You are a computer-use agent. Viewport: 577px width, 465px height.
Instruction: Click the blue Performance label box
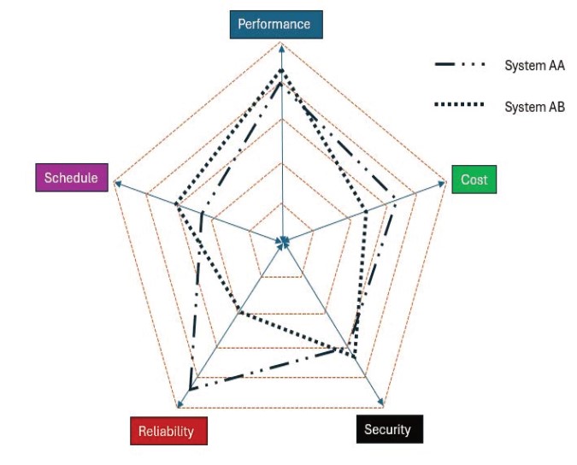click(274, 24)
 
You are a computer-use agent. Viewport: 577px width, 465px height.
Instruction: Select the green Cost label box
click(474, 180)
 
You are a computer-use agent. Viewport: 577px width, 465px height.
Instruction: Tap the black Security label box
click(387, 429)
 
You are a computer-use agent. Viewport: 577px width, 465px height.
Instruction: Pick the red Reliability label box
click(168, 431)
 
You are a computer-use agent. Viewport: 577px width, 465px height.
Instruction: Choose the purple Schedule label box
click(72, 178)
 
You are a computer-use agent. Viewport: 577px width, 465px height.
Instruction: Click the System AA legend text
click(534, 66)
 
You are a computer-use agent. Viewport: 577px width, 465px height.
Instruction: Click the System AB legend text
click(534, 107)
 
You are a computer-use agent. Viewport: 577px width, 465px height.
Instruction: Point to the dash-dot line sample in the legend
click(460, 65)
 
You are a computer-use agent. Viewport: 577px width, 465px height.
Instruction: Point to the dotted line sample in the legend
click(460, 105)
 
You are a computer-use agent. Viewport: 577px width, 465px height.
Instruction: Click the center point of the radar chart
click(282, 243)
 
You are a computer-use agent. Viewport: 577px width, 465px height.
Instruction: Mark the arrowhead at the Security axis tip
click(382, 403)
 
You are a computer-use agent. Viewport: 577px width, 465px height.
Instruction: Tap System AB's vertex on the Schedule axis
click(175, 205)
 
